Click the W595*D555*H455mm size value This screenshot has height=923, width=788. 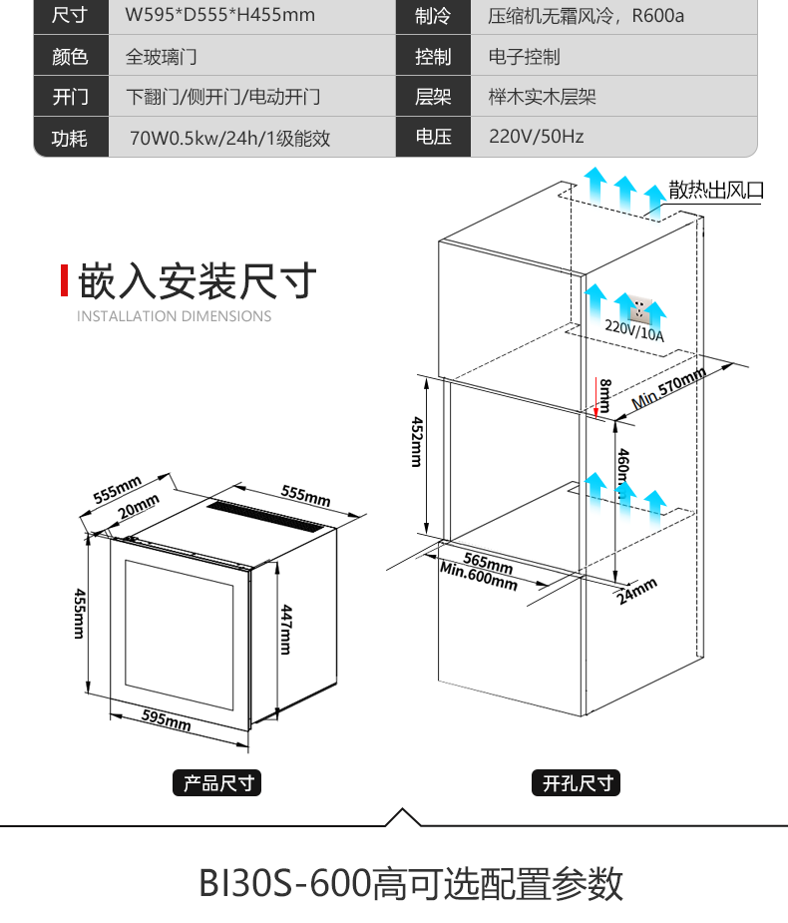[219, 16]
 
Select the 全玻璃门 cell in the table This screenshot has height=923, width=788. [161, 57]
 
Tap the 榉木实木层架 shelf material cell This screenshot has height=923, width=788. [542, 97]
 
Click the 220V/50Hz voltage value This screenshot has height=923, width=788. [536, 137]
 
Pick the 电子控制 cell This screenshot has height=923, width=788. [524, 57]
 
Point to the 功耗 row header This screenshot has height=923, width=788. [70, 138]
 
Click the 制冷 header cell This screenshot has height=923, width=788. [433, 16]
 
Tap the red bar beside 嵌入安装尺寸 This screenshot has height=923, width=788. [65, 281]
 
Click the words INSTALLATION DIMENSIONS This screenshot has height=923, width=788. [175, 316]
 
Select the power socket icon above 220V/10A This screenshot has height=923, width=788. [635, 303]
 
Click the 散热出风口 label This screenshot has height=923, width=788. [715, 190]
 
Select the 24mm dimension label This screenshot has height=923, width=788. [637, 591]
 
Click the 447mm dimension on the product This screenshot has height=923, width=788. [285, 629]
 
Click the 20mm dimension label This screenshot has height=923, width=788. [138, 506]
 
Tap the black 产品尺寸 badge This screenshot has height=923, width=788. [216, 783]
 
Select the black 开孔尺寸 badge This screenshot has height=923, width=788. [576, 783]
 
